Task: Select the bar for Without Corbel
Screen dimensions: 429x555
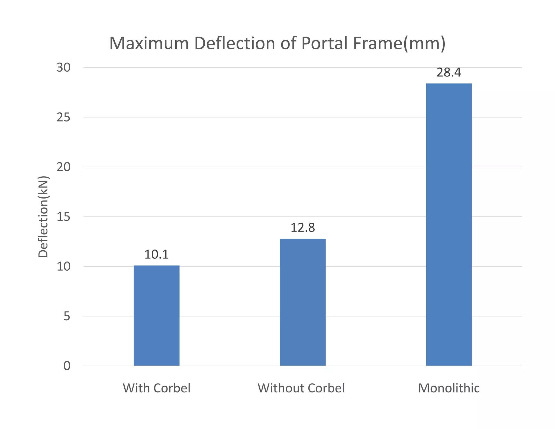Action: coord(302,302)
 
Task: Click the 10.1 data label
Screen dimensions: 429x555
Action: coord(156,255)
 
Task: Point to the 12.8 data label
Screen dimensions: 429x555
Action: coord(302,228)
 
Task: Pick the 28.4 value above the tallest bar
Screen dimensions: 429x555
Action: coord(449,73)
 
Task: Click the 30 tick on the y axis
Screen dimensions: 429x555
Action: coord(63,68)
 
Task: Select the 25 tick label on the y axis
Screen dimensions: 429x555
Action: coord(63,117)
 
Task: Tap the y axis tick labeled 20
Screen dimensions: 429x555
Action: coord(63,167)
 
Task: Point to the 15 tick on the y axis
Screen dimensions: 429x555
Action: coord(63,217)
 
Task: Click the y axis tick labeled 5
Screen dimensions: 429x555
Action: coord(67,316)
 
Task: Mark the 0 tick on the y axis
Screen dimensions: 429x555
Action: coord(67,366)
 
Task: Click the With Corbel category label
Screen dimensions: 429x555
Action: coord(156,388)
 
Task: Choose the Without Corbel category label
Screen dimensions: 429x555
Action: coord(301,388)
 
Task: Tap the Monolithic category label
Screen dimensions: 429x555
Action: coord(449,388)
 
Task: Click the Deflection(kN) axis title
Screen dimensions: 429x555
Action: coord(43,217)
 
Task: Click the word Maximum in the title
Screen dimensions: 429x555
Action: coord(149,43)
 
